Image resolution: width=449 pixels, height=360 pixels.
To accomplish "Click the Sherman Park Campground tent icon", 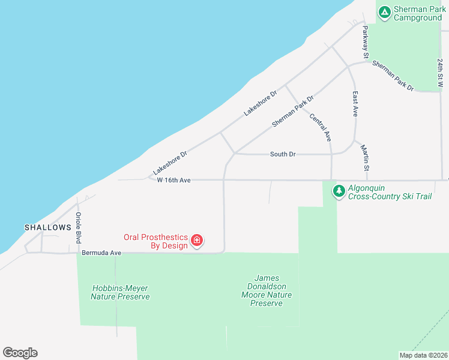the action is coord(384,11).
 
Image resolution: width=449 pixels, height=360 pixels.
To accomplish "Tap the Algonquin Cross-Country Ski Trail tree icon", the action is coord(339,191).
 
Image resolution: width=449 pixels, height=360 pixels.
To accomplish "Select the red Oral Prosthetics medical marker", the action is coord(196,241).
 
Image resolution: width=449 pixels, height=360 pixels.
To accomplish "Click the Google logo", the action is coord(20,353).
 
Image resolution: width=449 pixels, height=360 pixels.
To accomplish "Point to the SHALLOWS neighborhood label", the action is coord(47,228).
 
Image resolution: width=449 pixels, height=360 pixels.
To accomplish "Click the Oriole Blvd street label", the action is coord(78,227).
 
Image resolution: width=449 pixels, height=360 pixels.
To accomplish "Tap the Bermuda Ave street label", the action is coord(101,253).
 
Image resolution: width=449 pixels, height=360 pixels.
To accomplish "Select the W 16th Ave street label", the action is coord(173,180).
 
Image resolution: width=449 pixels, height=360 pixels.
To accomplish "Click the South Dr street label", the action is coord(283,154).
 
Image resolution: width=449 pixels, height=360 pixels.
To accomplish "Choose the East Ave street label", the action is coord(355,104).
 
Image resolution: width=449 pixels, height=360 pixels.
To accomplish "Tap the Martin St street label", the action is coord(364,156).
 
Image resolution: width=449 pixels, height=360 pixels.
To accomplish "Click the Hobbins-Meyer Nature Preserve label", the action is coord(121,292).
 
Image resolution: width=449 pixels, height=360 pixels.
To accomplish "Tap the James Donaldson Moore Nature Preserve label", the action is coord(266,290).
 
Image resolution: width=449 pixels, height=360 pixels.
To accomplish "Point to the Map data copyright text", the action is coord(423,355).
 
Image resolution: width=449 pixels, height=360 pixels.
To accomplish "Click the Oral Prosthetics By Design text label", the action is coord(156,241).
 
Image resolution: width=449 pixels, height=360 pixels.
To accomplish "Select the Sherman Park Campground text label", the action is coord(418,14).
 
